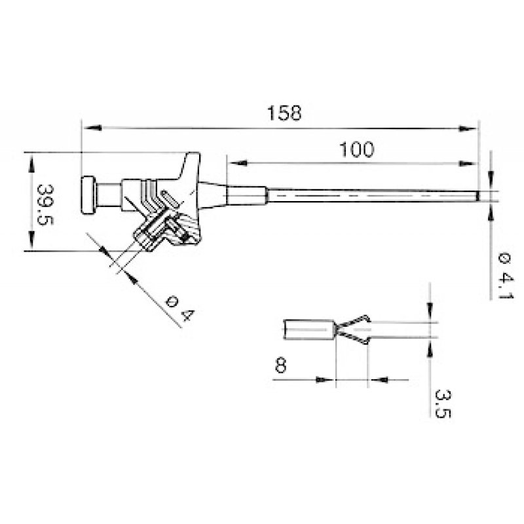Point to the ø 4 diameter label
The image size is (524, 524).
point(179,308)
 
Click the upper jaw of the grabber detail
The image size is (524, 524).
point(354,322)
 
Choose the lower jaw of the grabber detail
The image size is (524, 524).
point(354,337)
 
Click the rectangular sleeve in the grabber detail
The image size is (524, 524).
point(309,329)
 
